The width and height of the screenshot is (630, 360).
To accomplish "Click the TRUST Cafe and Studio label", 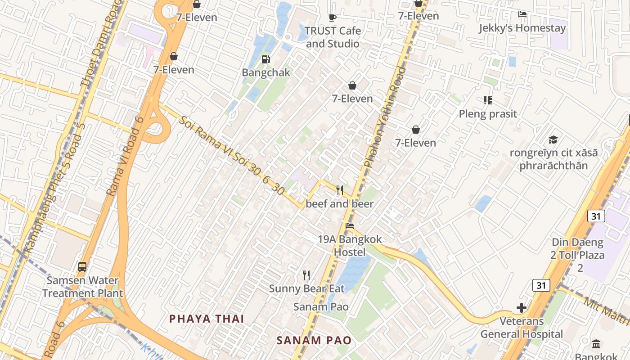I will (333, 37).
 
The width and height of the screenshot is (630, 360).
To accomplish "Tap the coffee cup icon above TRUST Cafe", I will (333, 18).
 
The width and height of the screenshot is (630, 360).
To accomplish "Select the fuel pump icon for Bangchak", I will (266, 59).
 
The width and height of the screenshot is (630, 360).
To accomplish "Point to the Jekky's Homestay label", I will (522, 28).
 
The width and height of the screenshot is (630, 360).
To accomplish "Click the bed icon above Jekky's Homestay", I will (522, 14).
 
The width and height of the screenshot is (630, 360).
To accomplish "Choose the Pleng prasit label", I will (488, 114).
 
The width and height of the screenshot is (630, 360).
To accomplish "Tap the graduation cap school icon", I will (553, 139).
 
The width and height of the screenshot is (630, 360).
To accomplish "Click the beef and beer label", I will (340, 204).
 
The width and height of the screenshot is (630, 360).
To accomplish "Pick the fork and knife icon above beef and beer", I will (340, 190).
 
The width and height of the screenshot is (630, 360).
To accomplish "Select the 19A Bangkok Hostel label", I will (350, 246).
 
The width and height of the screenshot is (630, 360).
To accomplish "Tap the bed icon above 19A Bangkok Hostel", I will (350, 226).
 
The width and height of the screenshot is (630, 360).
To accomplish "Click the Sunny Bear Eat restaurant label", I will (306, 288).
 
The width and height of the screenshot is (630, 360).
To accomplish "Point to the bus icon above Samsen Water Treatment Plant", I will (82, 266).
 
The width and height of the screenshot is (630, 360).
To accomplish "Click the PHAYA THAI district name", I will (207, 319).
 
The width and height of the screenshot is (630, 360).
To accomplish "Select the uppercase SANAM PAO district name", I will (314, 340).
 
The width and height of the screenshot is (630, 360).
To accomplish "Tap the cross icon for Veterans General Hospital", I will (522, 308).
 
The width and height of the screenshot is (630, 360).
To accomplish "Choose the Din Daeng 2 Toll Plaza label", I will (577, 255).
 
